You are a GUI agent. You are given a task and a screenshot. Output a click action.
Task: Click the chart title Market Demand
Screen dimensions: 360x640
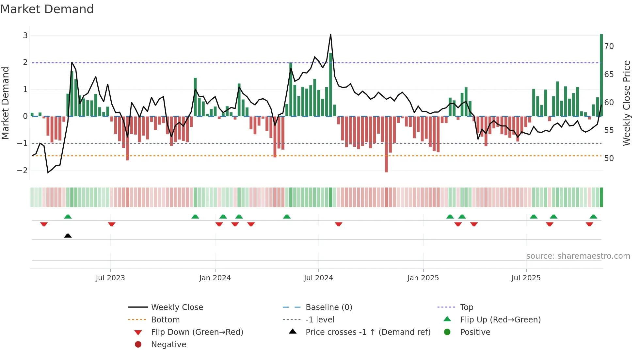click(x=47, y=9)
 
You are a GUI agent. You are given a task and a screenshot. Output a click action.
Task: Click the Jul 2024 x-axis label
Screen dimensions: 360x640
click(x=318, y=278)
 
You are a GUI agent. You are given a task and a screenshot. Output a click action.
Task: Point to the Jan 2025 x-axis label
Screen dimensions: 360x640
click(x=423, y=278)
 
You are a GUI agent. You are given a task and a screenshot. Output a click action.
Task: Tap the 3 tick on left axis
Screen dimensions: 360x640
click(x=25, y=35)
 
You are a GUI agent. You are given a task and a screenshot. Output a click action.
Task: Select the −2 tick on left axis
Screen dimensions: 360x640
click(x=23, y=170)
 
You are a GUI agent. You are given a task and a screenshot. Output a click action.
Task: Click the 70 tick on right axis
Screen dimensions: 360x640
click(x=609, y=46)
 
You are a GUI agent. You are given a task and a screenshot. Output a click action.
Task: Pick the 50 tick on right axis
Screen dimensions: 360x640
click(x=609, y=158)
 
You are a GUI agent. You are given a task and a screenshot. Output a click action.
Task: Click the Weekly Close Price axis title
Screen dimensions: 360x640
click(x=627, y=103)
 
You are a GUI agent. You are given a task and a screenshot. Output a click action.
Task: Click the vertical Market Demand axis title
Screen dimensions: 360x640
click(x=6, y=103)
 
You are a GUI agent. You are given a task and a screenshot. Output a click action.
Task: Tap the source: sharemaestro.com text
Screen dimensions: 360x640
click(x=578, y=256)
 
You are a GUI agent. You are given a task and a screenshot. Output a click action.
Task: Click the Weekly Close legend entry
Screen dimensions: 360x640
click(x=177, y=307)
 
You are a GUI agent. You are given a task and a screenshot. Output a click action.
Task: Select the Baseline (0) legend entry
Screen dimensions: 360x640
click(x=328, y=307)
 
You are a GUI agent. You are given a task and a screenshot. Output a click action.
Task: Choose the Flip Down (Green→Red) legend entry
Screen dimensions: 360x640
click(x=197, y=332)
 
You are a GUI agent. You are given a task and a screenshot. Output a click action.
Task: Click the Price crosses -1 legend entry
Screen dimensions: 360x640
click(x=368, y=332)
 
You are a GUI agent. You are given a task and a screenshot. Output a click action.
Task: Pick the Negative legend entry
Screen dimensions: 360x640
click(x=168, y=345)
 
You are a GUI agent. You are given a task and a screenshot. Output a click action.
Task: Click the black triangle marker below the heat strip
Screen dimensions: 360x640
click(x=68, y=236)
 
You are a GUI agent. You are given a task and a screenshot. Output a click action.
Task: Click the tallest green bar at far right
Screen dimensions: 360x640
click(x=601, y=75)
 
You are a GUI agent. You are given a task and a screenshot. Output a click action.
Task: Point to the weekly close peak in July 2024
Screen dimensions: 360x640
click(x=330, y=34)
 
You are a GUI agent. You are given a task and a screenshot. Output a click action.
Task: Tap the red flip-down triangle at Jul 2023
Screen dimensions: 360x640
click(x=112, y=224)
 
